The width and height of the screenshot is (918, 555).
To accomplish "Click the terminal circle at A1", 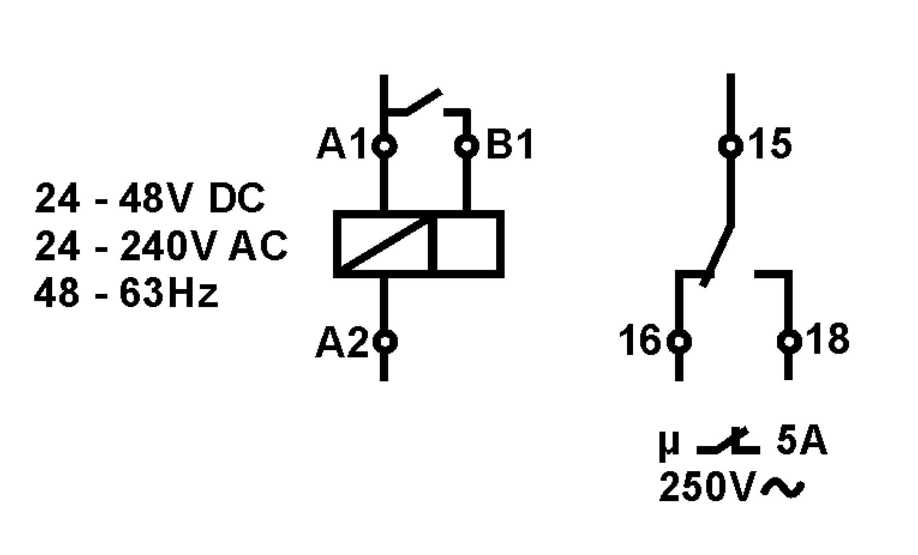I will pos(384,146).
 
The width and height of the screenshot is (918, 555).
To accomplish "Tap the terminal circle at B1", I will pos(466,146).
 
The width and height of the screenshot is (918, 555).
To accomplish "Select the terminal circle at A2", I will pos(384,341).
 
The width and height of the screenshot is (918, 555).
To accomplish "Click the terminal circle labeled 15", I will pos(731,146).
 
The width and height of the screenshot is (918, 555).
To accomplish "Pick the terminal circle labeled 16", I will pos(679,341).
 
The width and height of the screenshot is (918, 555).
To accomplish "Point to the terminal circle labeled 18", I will pos(789,341).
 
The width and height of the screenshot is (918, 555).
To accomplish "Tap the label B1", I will pos(510,145).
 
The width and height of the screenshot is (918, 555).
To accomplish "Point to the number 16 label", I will pos(640,340).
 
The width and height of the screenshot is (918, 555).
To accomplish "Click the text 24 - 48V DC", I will pos(150,199).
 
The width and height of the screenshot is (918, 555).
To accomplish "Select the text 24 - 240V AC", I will pos(161,246).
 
